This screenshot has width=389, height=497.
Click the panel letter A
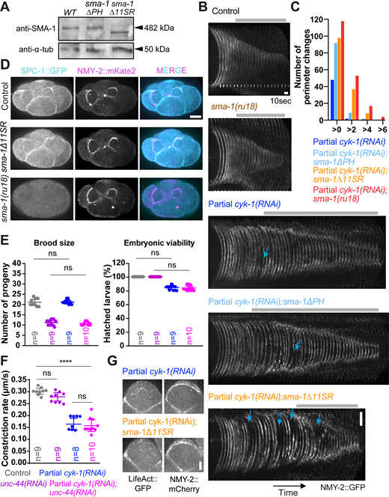pos(6,7)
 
